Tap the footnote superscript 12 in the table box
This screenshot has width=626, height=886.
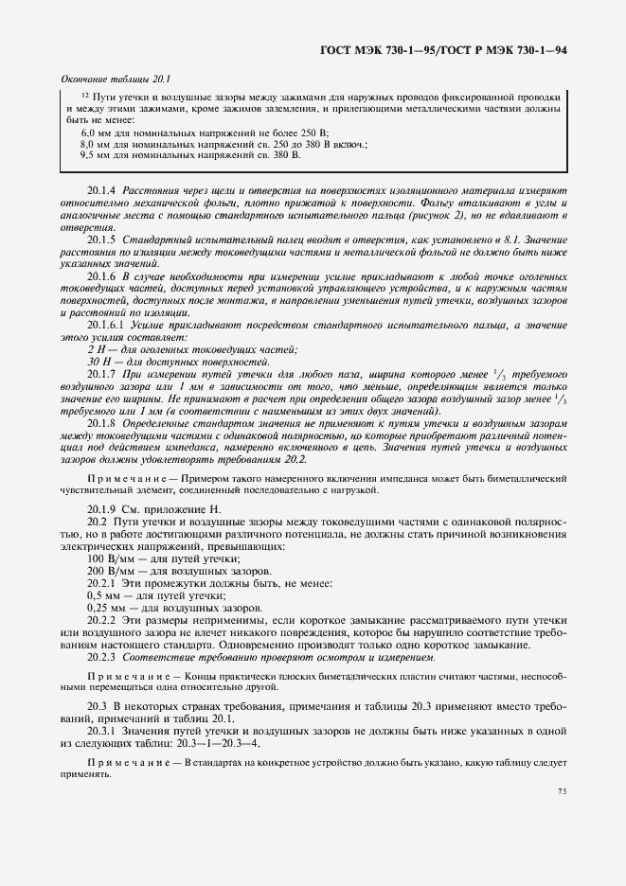click(86, 97)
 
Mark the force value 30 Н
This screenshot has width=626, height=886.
click(97, 363)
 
